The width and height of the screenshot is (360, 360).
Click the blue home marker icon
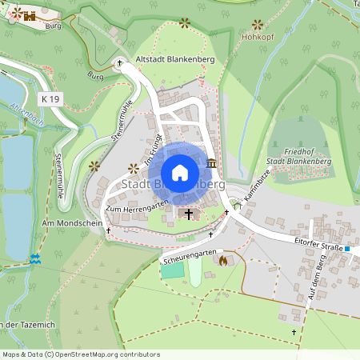point(180,173)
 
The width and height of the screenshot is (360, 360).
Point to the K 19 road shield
point(49,98)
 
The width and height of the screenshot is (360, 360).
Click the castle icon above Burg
point(30,15)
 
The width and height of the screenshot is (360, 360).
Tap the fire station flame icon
point(223,260)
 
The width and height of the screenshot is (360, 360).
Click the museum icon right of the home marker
point(211,163)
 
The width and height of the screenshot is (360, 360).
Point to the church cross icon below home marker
point(190,214)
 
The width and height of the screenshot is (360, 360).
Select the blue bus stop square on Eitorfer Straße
point(348,249)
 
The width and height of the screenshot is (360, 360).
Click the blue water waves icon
point(34,259)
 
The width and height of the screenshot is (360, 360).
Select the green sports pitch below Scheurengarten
point(172,270)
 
